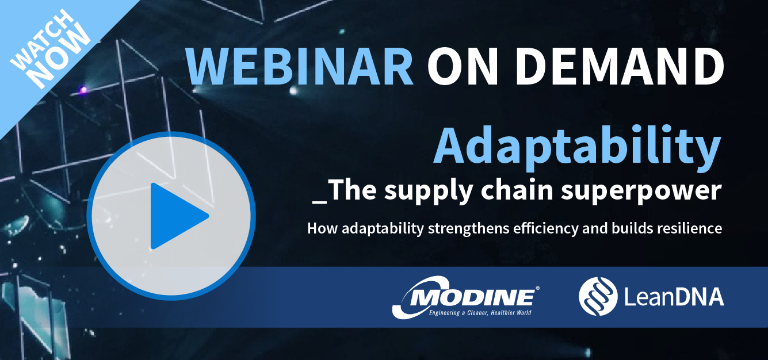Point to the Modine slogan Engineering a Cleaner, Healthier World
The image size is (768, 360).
coord(480,313)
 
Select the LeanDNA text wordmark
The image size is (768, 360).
coord(674,297)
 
